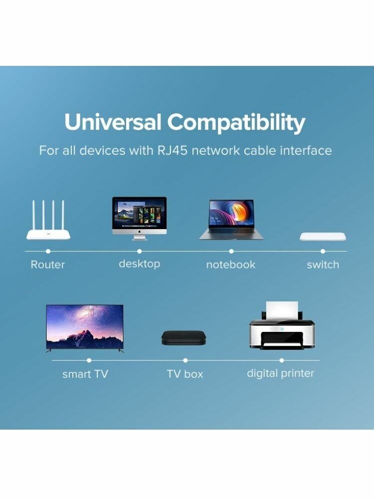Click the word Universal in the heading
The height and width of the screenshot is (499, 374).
pos(113,122)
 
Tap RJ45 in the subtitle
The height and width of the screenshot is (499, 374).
pos(173,151)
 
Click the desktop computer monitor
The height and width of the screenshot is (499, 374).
pos(139,219)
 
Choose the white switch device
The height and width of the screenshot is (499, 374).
pos(323,237)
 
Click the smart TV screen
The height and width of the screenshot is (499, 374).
pos(85,326)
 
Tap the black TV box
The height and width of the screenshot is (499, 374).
pos(184,338)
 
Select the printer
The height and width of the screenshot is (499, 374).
pos(282,325)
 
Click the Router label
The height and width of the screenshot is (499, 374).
pos(48,264)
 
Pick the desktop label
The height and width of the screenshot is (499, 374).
pos(139,264)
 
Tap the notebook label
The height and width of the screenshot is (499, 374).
pos(231,264)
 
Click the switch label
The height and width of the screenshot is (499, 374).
pos(323,264)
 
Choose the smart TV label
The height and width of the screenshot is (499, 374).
pos(85,374)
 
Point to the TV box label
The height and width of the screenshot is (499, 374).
pos(185,374)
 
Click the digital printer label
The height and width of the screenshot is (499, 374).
pos(280,373)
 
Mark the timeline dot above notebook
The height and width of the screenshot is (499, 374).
pos(231,251)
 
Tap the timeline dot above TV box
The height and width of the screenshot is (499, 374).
pos(186,360)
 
